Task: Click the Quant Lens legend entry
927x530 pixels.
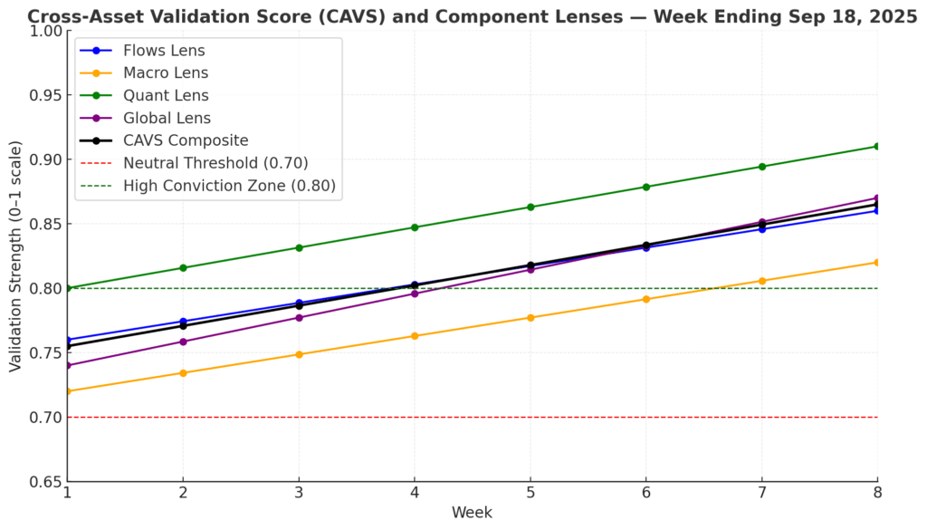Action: pos(166,95)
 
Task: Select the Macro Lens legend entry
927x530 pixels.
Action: pos(166,72)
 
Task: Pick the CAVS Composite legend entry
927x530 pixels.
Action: pos(186,140)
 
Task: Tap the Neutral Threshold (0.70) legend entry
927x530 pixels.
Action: pos(215,163)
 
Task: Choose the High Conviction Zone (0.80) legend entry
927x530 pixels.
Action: pos(229,186)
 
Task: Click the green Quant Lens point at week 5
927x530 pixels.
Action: pos(530,207)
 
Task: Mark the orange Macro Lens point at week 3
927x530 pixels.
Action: pos(299,354)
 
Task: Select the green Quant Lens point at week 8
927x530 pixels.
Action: pos(877,146)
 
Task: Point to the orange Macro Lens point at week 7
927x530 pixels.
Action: pos(761,281)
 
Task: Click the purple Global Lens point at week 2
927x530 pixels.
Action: pos(183,342)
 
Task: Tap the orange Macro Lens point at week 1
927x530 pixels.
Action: pos(67,391)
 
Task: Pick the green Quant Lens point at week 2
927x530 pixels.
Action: pos(183,268)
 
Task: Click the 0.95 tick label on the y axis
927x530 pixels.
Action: pos(45,95)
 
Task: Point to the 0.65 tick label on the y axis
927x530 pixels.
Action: pos(45,482)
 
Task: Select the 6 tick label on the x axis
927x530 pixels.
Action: pos(645,493)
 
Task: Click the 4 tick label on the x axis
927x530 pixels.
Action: pos(415,493)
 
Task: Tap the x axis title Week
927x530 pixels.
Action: pos(472,513)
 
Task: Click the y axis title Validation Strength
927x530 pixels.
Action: pos(15,255)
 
